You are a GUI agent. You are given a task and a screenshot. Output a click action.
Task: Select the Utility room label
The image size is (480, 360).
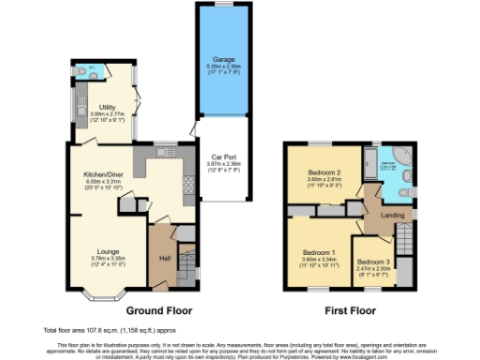pyautogui.click(x=101, y=109)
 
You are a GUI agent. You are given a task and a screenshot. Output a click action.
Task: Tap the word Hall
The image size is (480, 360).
pyautogui.click(x=165, y=257)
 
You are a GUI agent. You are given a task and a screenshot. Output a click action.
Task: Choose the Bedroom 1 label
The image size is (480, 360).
pyautogui.click(x=319, y=252)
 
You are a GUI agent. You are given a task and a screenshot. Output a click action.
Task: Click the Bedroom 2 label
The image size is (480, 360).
pyautogui.click(x=324, y=172)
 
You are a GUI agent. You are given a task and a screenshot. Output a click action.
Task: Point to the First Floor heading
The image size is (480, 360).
pyautogui.click(x=350, y=309)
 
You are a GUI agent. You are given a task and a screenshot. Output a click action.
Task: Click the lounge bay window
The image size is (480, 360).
pyautogui.click(x=101, y=297)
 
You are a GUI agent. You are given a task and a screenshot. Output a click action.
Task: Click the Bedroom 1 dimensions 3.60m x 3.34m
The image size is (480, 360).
pyautogui.click(x=319, y=260)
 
